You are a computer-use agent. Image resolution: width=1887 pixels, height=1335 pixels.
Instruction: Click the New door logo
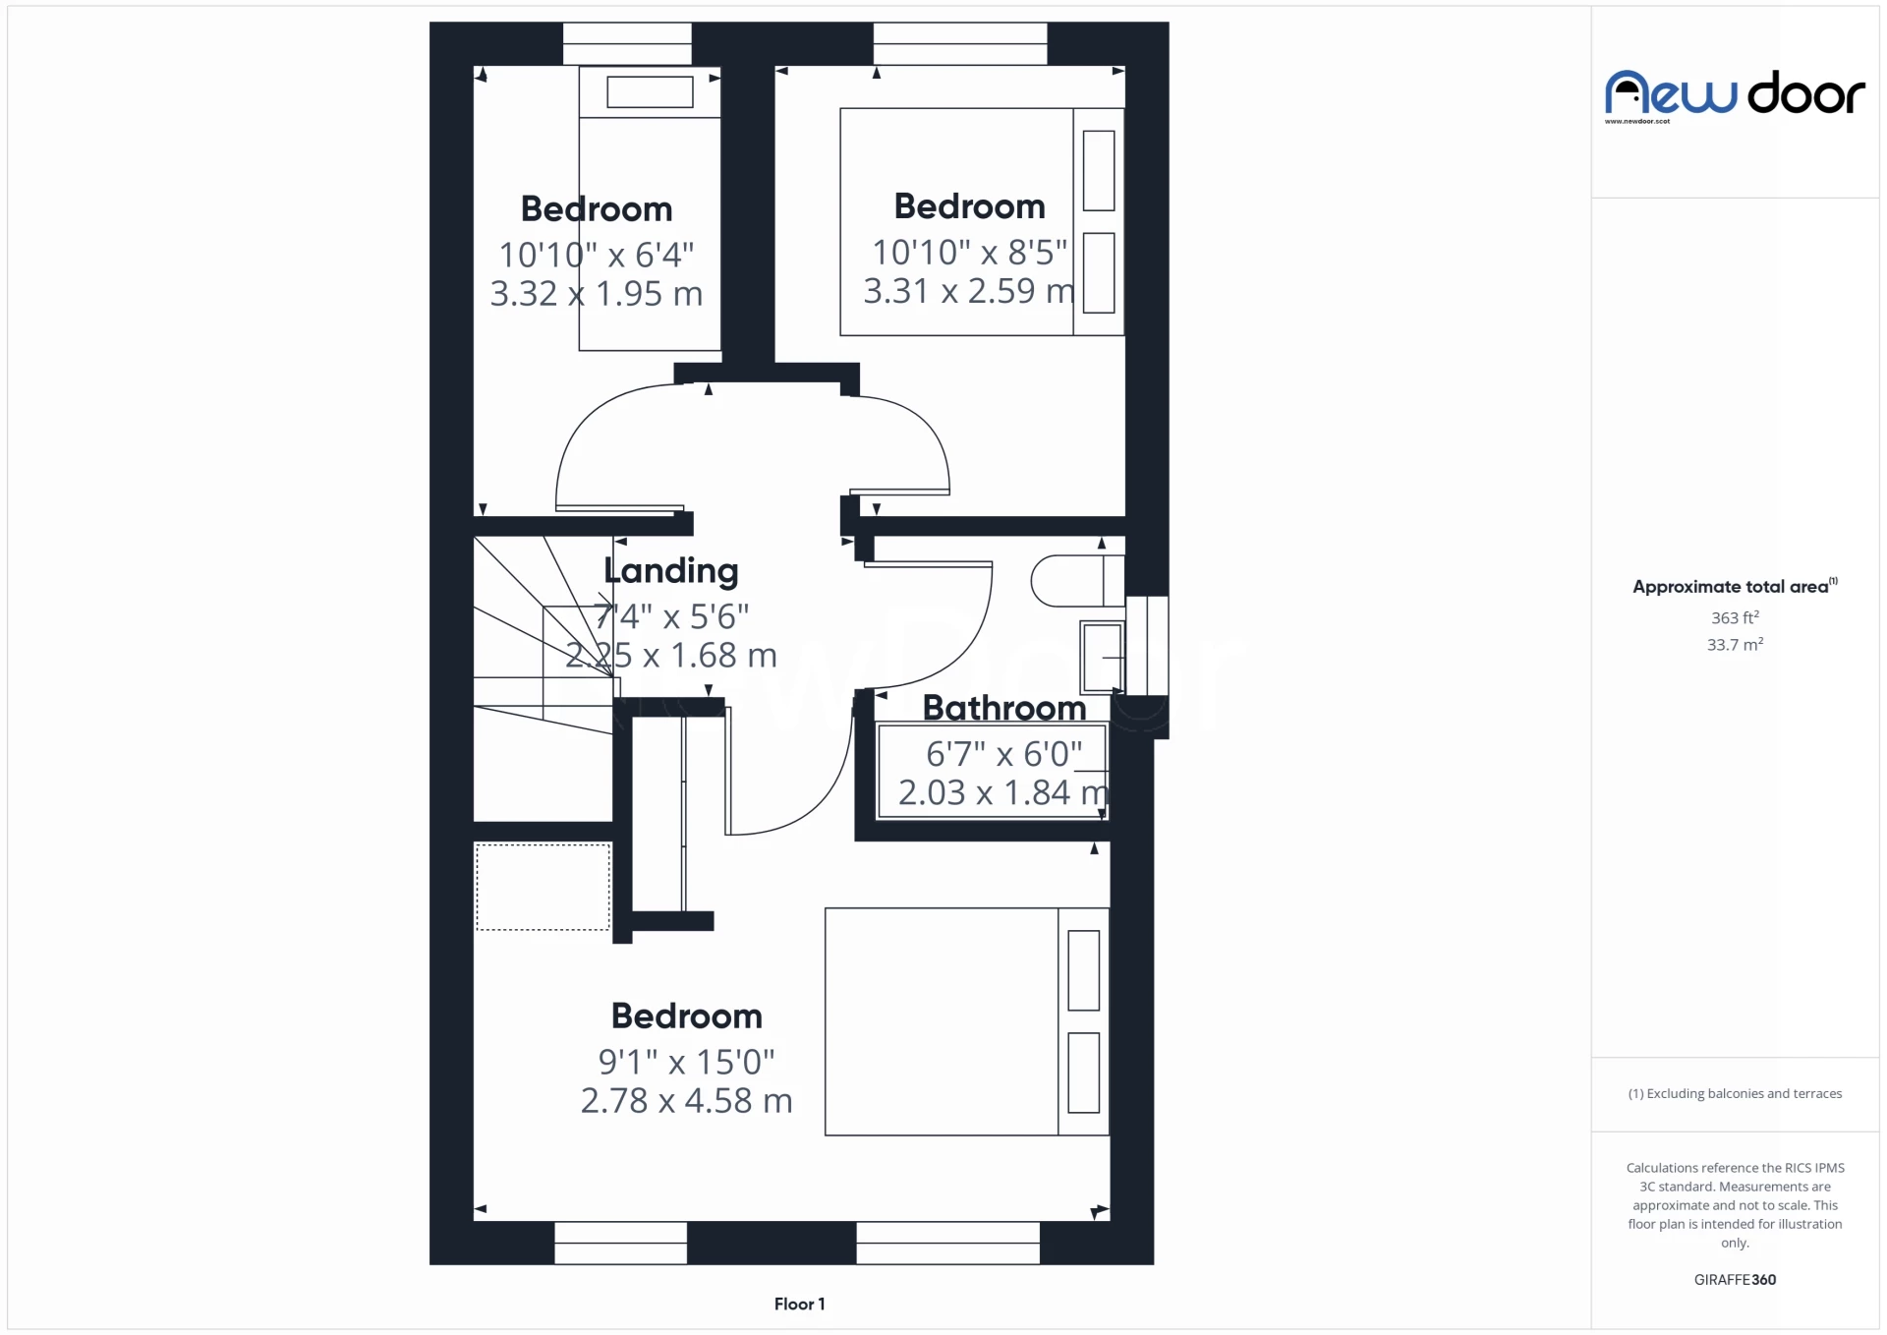click(x=1735, y=94)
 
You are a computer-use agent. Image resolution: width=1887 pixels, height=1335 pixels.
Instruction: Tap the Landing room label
click(x=671, y=571)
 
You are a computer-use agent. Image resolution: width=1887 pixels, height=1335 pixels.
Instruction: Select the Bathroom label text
click(x=1004, y=708)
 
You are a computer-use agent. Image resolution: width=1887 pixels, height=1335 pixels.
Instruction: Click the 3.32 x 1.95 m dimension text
click(x=597, y=294)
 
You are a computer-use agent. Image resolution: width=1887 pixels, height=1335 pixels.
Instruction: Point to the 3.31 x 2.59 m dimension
click(x=969, y=291)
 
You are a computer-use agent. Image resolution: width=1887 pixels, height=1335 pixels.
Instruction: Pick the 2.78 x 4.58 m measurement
click(x=686, y=1101)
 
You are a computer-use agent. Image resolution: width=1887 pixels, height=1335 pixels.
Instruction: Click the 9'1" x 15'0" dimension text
click(x=686, y=1062)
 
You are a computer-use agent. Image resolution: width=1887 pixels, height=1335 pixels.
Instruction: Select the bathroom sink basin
click(x=1102, y=657)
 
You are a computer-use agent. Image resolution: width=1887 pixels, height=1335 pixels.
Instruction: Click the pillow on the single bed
click(x=650, y=92)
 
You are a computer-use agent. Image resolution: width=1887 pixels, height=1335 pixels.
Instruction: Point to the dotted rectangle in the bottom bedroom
click(x=543, y=887)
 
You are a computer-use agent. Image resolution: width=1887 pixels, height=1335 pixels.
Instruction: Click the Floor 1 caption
click(x=799, y=1305)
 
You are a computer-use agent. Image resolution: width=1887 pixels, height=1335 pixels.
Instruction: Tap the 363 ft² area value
click(x=1735, y=618)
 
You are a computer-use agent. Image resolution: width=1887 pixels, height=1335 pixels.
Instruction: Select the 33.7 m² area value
click(x=1735, y=645)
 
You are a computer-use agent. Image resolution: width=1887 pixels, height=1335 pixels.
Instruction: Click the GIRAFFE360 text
click(x=1735, y=1280)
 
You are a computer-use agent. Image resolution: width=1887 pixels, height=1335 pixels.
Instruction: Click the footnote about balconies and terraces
click(x=1735, y=1094)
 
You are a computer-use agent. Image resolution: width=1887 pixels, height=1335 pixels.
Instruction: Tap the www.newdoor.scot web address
click(x=1637, y=122)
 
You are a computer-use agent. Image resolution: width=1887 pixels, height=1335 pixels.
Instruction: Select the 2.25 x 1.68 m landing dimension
click(x=671, y=656)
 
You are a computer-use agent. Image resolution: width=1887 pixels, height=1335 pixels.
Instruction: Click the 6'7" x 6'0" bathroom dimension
click(x=1003, y=754)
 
